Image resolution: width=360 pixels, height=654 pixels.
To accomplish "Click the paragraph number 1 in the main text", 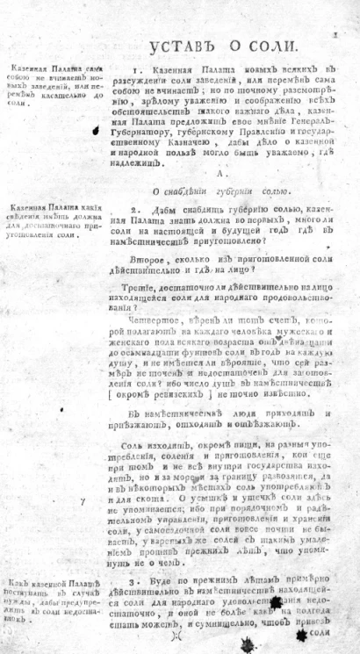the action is (x=134, y=68).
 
